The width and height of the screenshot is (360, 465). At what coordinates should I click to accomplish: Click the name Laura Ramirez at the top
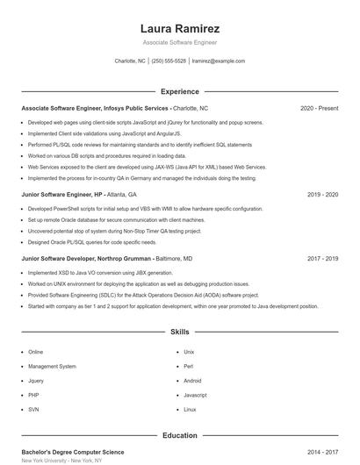pyautogui.click(x=180, y=29)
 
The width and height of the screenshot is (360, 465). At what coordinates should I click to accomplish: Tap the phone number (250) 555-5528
pyautogui.click(x=169, y=61)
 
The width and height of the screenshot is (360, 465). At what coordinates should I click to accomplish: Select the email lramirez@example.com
pyautogui.click(x=218, y=61)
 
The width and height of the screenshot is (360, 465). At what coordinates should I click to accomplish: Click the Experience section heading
pyautogui.click(x=180, y=91)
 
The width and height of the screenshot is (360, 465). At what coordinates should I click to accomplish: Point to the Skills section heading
pyautogui.click(x=180, y=333)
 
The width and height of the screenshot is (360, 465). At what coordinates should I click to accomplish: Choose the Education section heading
pyautogui.click(x=180, y=435)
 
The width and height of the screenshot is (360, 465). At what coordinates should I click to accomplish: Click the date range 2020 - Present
pyautogui.click(x=319, y=108)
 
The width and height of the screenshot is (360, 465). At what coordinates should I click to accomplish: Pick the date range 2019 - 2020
pyautogui.click(x=322, y=194)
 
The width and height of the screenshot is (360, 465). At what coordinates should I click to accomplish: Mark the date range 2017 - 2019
pyautogui.click(x=322, y=259)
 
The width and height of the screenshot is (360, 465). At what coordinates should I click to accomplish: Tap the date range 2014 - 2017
pyautogui.click(x=322, y=452)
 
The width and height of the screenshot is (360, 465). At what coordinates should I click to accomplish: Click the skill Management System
pyautogui.click(x=52, y=366)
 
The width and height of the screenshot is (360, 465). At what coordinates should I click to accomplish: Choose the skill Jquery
pyautogui.click(x=36, y=381)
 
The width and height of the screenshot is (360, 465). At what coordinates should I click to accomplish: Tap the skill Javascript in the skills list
pyautogui.click(x=195, y=396)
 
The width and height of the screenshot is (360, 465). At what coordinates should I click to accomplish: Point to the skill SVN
pyautogui.click(x=33, y=410)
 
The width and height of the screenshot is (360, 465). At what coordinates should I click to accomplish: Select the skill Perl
pyautogui.click(x=189, y=366)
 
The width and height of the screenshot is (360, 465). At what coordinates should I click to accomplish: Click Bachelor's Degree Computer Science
pyautogui.click(x=73, y=452)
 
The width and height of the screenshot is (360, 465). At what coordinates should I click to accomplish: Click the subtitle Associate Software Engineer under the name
pyautogui.click(x=180, y=42)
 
